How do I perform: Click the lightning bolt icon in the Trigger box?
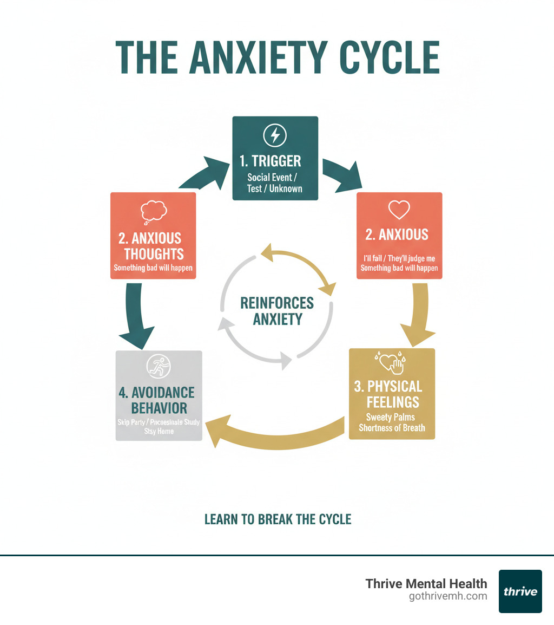coord(275,134)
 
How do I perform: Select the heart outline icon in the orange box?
coord(399,210)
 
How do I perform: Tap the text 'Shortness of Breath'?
coord(392,428)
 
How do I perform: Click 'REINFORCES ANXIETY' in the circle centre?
coord(278,311)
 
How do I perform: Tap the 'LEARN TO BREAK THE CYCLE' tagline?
coord(278,519)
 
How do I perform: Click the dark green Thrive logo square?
coord(520,591)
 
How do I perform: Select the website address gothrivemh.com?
coord(448,596)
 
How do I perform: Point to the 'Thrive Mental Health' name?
coord(426,583)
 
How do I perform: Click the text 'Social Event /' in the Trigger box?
coord(275,177)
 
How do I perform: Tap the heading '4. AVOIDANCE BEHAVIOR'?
coord(157,400)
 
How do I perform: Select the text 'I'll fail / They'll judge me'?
coord(399,258)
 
